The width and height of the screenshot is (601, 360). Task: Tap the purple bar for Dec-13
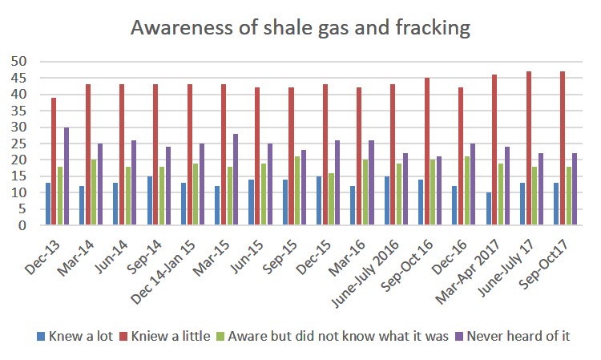pos(67,176)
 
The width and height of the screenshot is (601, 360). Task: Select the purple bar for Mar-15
pos(236,180)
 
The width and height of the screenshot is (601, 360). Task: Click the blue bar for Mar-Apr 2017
pos(488,208)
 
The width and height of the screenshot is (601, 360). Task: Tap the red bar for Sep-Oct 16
pos(427,152)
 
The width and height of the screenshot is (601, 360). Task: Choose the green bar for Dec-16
pos(467,191)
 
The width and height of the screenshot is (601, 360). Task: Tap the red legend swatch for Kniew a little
pos(123,335)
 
